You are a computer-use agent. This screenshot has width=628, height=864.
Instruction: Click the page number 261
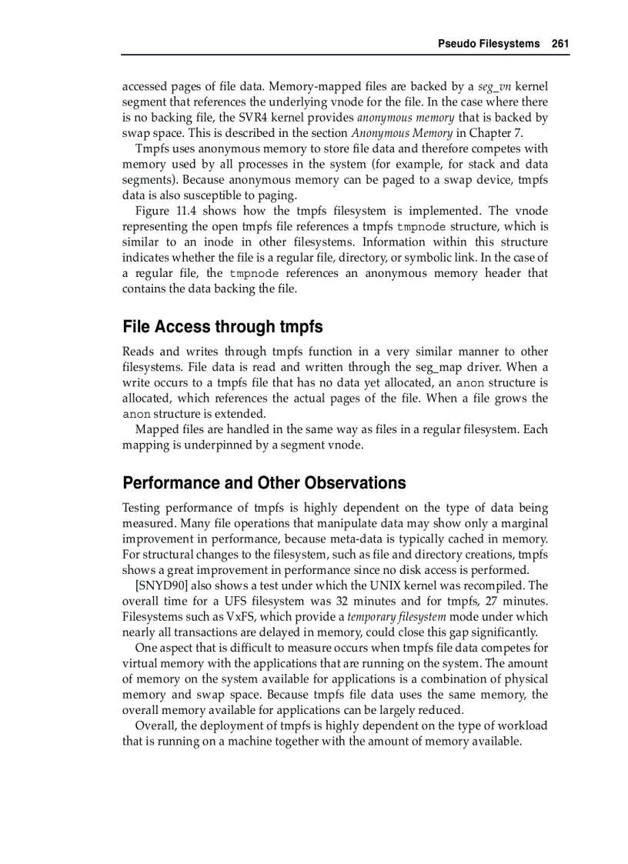(x=560, y=44)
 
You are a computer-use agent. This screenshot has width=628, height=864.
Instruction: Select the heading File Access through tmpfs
(x=222, y=327)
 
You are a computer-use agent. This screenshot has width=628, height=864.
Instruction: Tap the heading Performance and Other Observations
(x=264, y=483)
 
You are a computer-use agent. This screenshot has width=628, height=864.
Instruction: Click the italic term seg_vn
(x=494, y=87)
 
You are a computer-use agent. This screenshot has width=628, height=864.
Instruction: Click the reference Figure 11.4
(x=162, y=211)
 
